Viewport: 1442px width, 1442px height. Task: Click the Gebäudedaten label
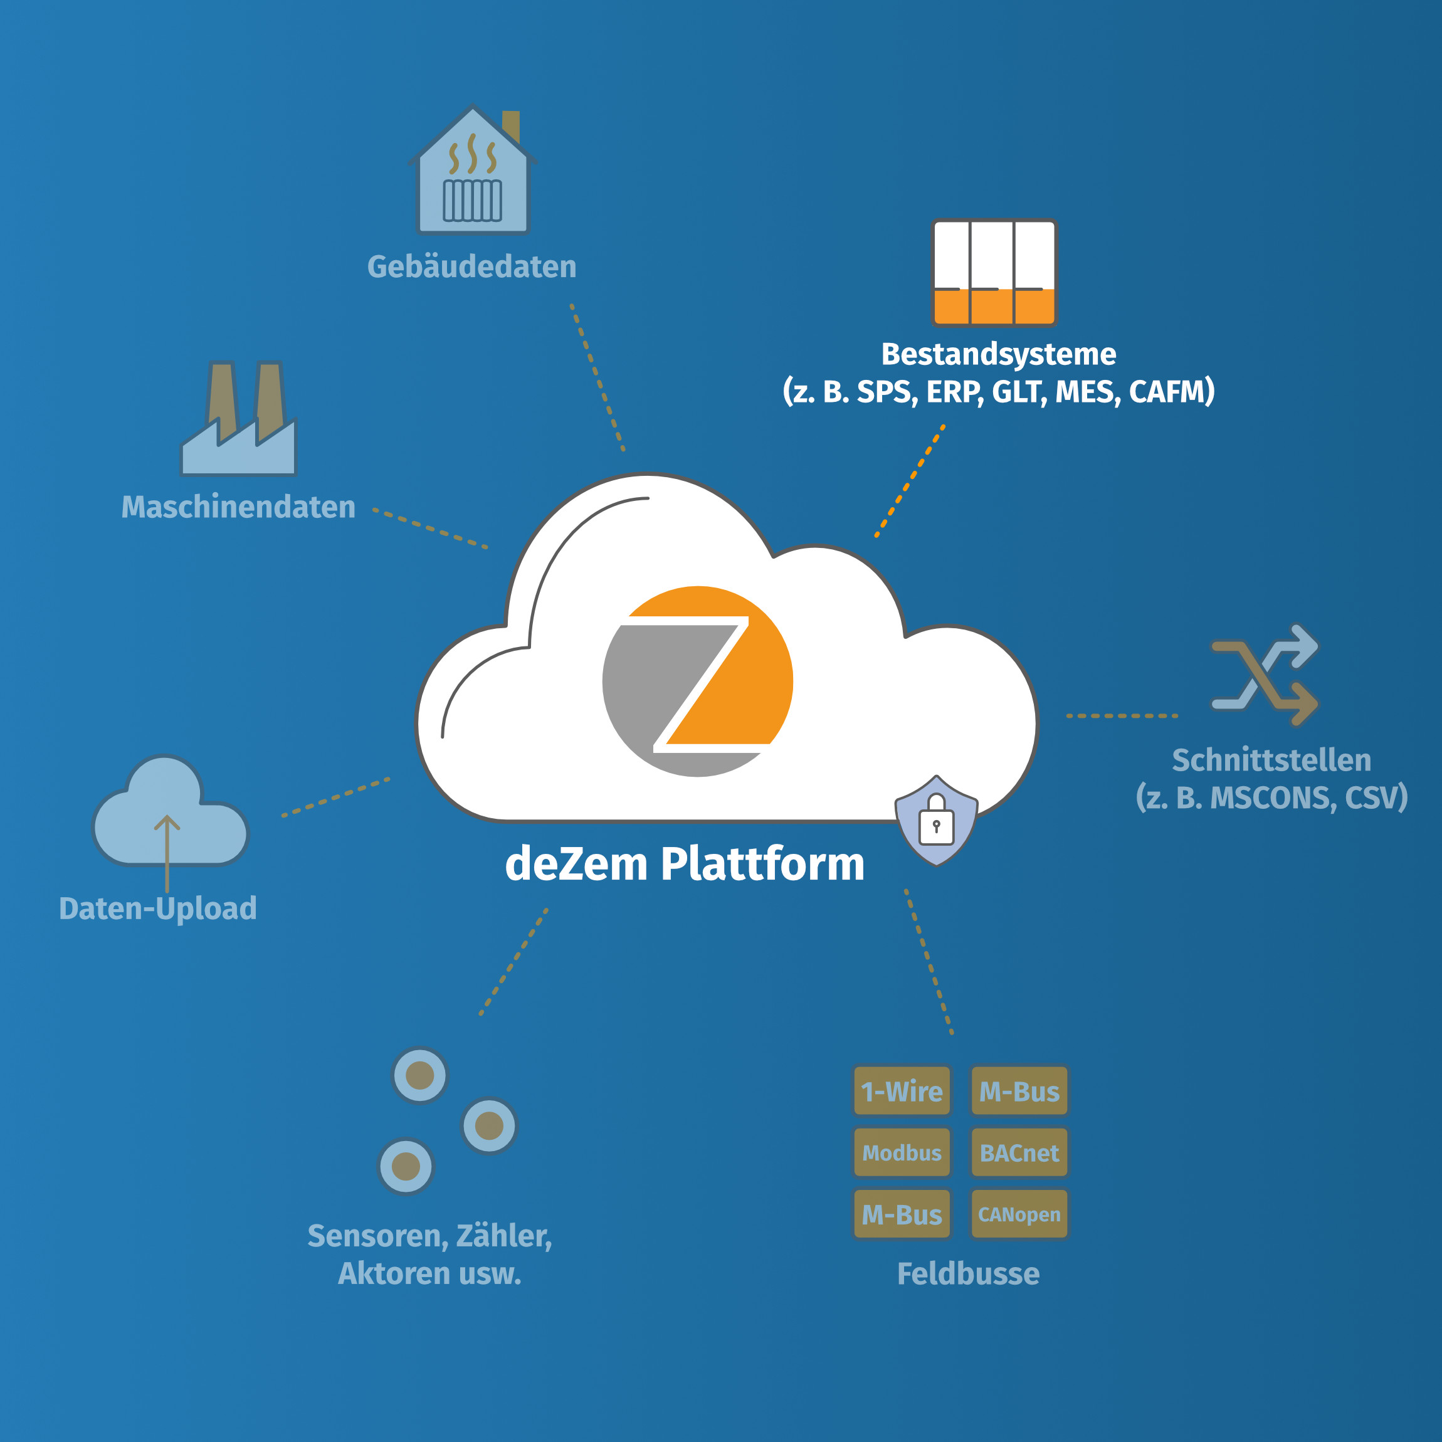coord(471,267)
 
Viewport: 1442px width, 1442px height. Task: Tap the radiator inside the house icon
coord(473,200)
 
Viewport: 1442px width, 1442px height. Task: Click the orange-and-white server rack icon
coord(994,273)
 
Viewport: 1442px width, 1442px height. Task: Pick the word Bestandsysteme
coord(999,354)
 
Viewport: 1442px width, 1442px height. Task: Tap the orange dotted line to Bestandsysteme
coord(910,482)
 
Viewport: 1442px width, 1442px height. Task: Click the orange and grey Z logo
coord(697,682)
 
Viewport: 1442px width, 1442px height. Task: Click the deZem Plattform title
coord(685,865)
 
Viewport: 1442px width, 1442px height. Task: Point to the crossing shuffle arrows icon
coord(1265,675)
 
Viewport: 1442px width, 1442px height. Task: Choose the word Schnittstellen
coord(1271,760)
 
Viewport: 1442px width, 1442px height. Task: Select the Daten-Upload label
coord(158,908)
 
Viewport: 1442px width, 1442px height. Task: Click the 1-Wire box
coord(902,1091)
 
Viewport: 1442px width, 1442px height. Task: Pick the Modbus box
coord(902,1153)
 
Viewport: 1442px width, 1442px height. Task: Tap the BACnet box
coord(1019,1153)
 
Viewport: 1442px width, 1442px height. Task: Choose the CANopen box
coord(1019,1214)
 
